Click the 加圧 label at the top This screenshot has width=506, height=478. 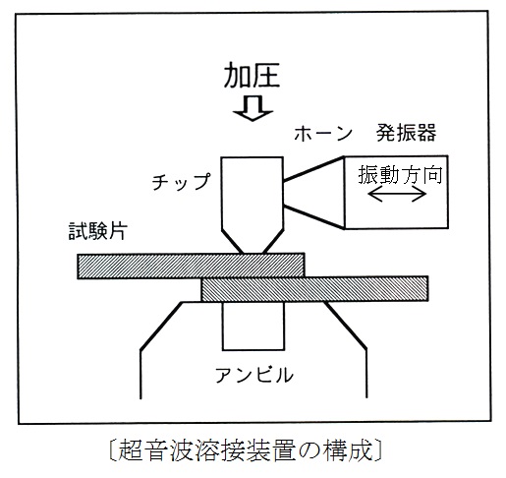point(252,75)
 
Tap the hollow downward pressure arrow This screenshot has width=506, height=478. point(253,108)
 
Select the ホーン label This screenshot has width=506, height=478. point(323,135)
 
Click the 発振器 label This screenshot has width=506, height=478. point(406,133)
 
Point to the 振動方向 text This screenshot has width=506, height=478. point(400,174)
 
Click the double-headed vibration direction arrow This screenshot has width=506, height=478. point(397,194)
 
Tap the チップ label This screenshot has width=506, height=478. point(181,181)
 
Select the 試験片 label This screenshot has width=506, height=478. point(97,231)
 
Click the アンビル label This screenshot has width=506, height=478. point(253,375)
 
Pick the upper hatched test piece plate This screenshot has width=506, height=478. point(191,266)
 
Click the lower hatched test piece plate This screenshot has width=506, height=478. point(314,289)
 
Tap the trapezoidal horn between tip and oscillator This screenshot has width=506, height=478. point(313,193)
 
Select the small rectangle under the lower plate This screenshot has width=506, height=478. point(253,326)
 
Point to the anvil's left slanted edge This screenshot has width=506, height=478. point(161,326)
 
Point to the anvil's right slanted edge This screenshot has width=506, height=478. point(345,326)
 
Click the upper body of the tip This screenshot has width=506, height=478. point(253,193)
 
